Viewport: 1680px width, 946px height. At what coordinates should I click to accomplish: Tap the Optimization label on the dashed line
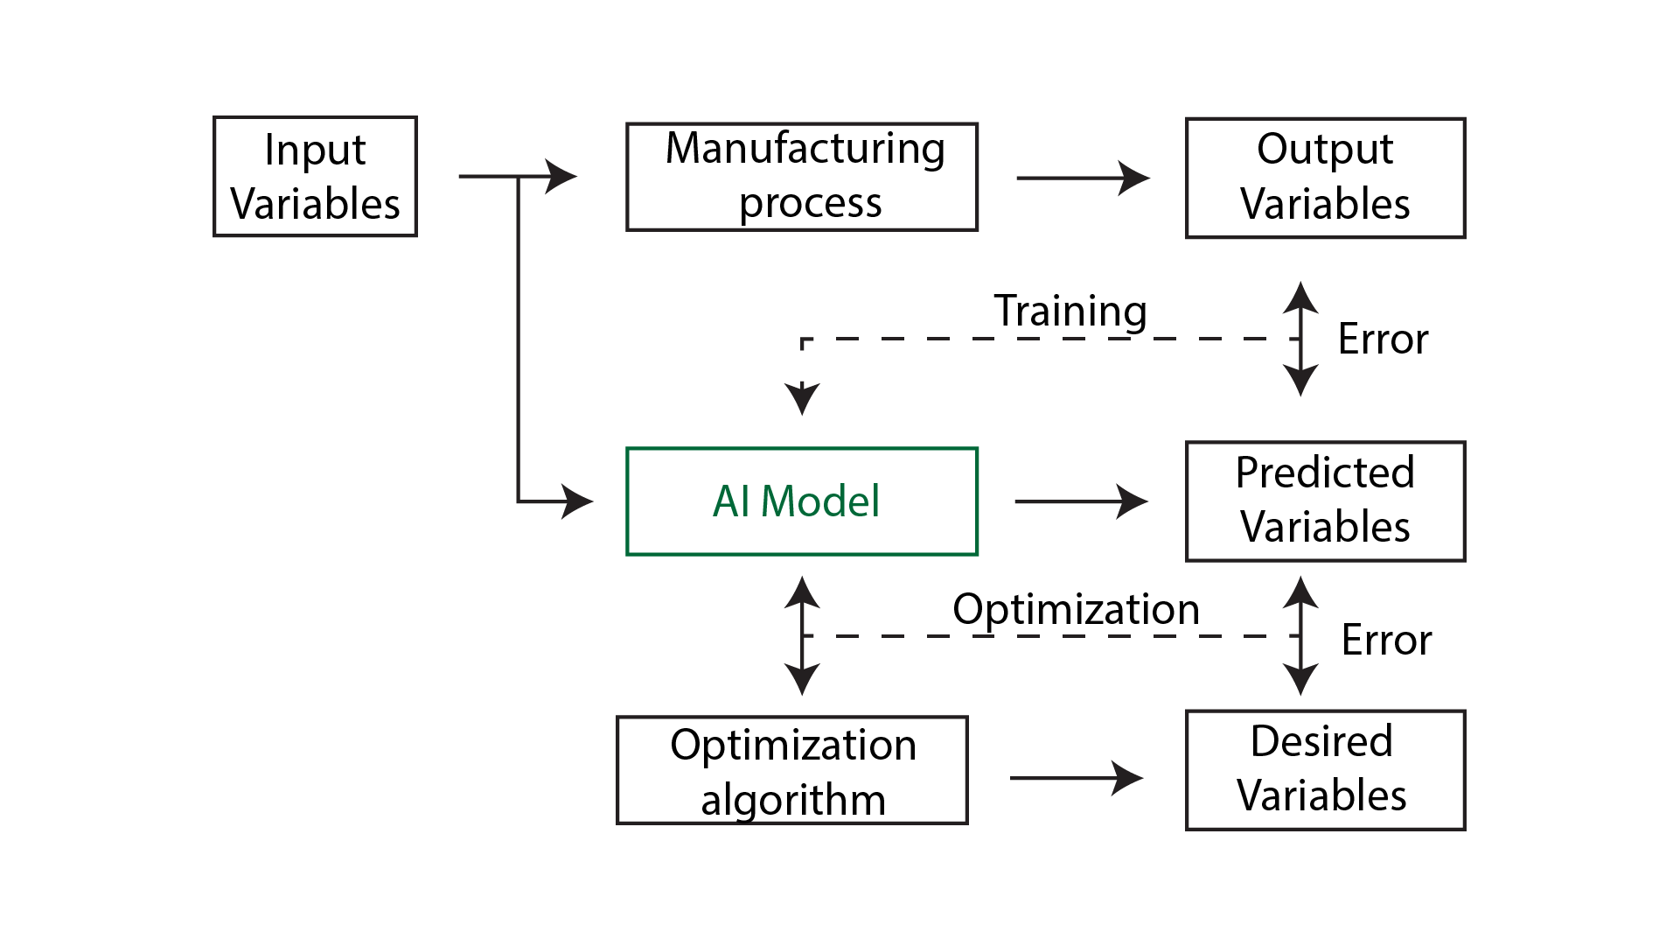(1076, 609)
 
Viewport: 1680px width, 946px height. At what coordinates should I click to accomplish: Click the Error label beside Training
(1383, 339)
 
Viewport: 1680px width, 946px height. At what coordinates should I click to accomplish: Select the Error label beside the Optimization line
(1386, 640)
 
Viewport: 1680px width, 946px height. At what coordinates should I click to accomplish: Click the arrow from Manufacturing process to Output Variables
(1083, 178)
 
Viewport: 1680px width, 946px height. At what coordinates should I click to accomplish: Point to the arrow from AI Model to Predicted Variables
(1081, 501)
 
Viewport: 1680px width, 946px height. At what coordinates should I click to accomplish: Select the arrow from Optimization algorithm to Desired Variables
(1077, 777)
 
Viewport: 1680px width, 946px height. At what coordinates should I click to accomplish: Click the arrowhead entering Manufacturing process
(561, 176)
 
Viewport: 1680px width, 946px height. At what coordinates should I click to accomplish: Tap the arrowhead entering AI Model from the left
(577, 501)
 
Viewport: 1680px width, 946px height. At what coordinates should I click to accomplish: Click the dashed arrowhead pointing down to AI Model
(802, 399)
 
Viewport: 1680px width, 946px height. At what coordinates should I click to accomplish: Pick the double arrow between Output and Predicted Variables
(1300, 339)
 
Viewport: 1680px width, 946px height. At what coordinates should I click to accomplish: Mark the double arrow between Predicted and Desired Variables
(1300, 636)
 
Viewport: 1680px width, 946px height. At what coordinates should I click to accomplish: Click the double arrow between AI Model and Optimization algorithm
(802, 636)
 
